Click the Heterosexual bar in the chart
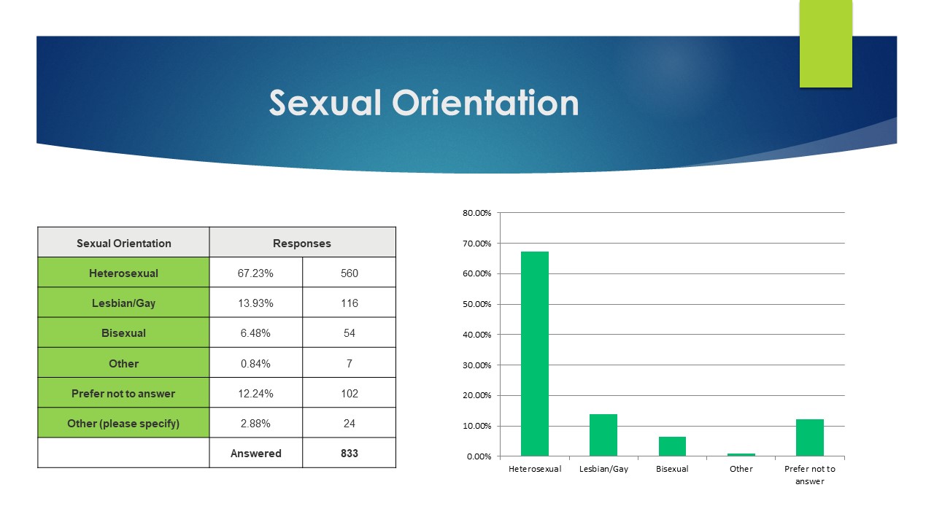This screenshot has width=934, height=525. click(535, 354)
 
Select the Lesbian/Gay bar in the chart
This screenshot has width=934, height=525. click(603, 435)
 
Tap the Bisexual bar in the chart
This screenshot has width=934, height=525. click(672, 446)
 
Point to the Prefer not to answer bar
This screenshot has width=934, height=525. click(810, 437)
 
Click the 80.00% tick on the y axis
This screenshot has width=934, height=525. click(477, 213)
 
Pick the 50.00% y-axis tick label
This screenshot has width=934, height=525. click(477, 304)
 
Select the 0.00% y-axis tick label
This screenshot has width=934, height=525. click(479, 456)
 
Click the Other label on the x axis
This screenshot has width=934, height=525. click(741, 469)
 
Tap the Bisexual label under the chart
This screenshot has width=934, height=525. click(672, 469)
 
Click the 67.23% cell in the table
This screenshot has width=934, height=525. click(255, 273)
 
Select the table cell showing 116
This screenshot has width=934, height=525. click(350, 303)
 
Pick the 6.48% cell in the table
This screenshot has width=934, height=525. click(255, 333)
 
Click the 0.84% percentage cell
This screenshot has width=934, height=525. click(255, 364)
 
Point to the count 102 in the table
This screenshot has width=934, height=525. click(350, 394)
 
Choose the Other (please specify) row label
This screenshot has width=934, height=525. click(123, 424)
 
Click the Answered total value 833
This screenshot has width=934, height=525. click(350, 454)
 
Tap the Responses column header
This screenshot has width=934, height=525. click(302, 244)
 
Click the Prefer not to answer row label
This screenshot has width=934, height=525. click(123, 394)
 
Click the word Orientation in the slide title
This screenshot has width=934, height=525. click(485, 103)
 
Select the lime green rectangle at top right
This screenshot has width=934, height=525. click(825, 44)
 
